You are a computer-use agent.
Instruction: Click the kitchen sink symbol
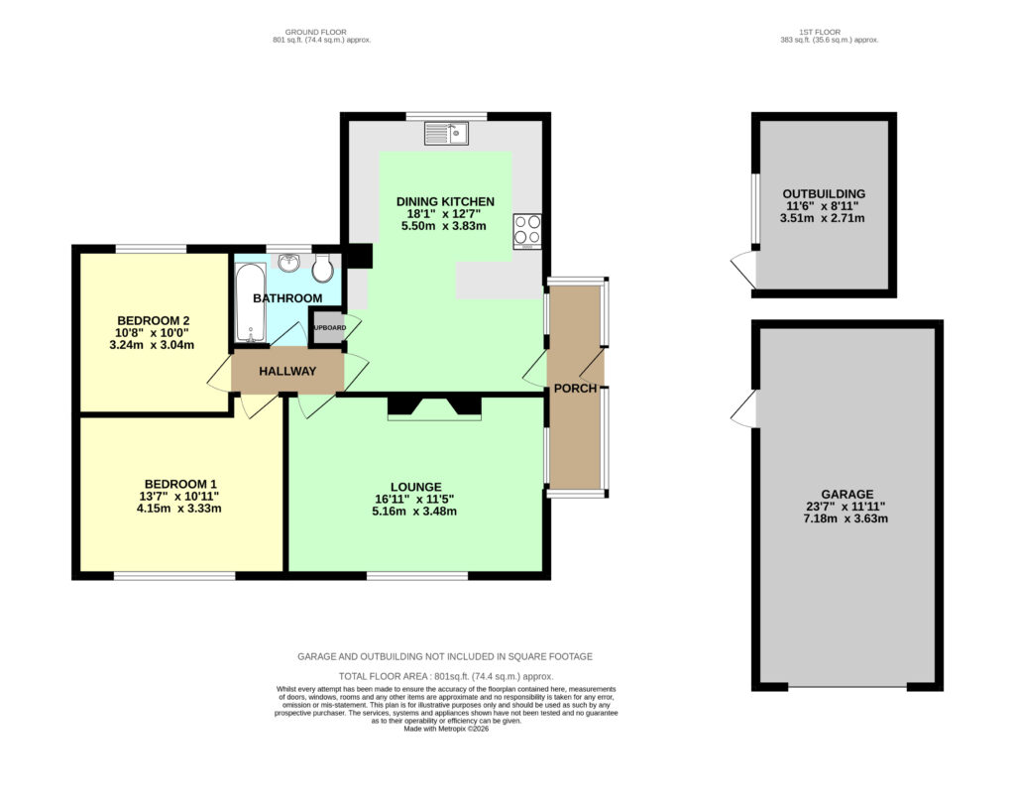[446, 134]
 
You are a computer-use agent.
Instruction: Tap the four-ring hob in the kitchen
[527, 231]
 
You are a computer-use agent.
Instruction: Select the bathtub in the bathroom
[251, 301]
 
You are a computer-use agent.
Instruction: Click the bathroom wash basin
[288, 263]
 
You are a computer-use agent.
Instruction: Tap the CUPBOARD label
[329, 328]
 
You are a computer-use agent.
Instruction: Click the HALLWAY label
[287, 371]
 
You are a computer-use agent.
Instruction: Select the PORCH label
[576, 389]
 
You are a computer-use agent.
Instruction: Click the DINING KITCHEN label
[445, 201]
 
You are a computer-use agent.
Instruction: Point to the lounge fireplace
[434, 407]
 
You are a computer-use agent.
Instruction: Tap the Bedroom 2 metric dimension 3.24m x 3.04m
[152, 345]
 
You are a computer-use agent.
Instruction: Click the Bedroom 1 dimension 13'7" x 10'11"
[179, 496]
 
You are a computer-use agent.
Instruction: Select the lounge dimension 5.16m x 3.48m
[414, 512]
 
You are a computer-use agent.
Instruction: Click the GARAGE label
[847, 494]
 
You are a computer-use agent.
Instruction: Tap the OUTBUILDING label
[824, 193]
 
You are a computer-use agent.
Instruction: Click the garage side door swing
[744, 408]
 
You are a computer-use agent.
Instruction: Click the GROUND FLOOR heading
[316, 32]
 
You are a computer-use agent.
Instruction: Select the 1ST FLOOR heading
[820, 32]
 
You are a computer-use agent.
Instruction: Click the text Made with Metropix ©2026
[446, 729]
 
